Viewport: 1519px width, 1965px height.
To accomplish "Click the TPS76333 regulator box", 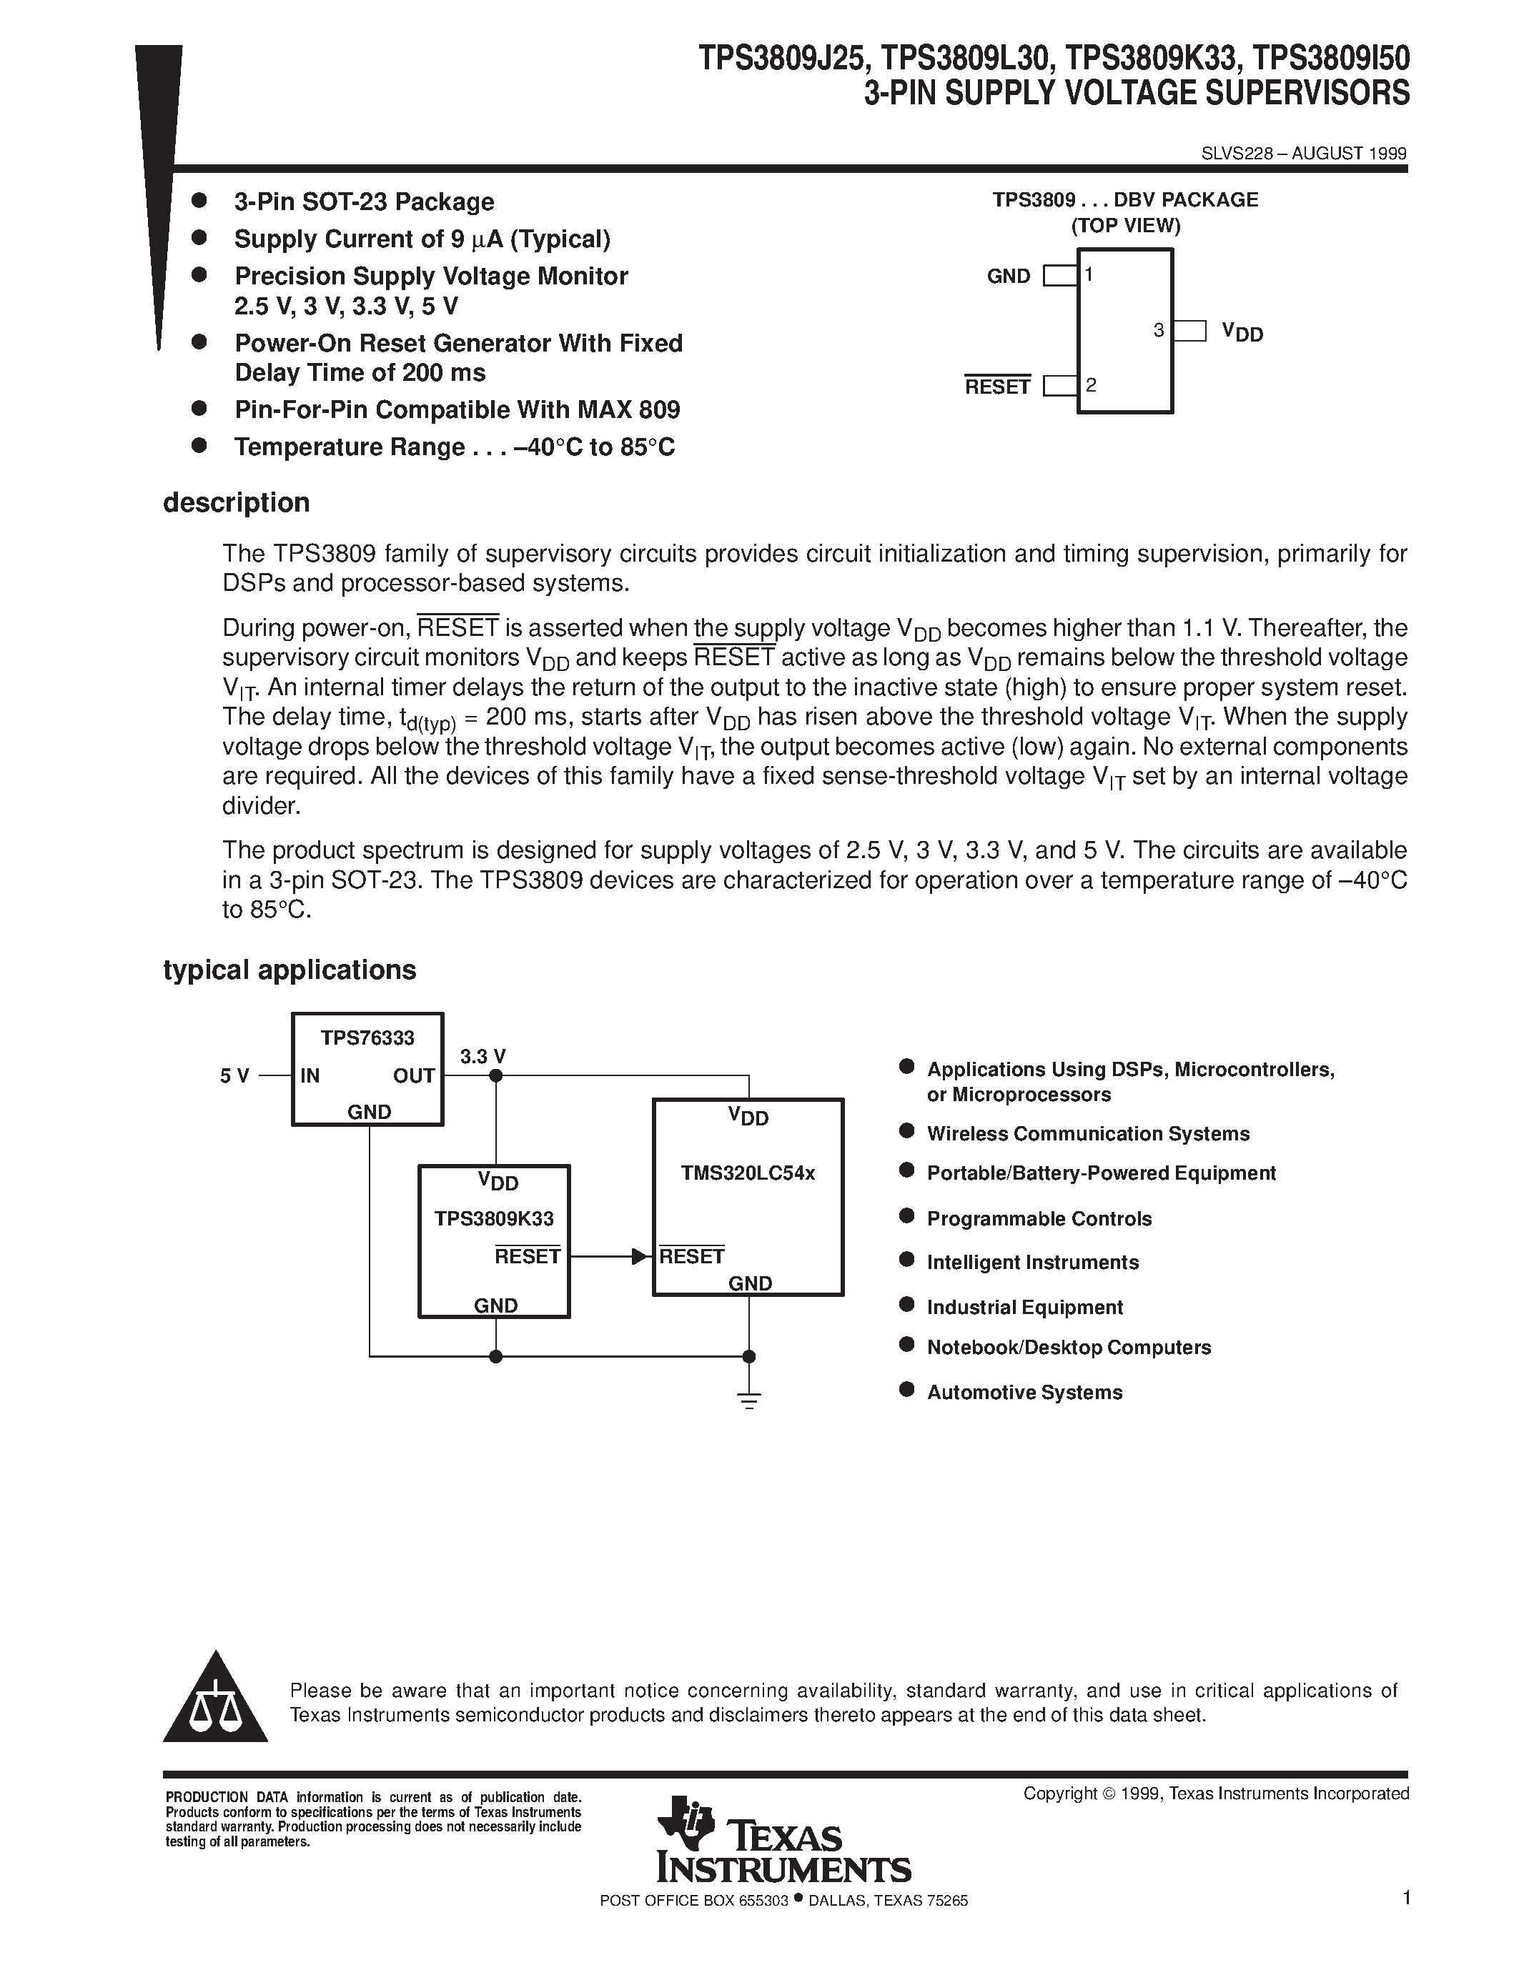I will [367, 1068].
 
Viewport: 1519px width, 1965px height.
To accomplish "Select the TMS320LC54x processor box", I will [748, 1197].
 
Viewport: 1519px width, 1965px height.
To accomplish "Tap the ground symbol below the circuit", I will [748, 1399].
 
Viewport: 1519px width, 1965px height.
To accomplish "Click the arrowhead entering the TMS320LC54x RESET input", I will [640, 1256].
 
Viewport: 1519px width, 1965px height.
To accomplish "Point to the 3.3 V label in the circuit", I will [483, 1056].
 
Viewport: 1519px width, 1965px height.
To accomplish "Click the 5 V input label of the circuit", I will [235, 1076].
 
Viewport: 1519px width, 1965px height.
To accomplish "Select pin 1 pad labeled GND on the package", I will [1060, 275].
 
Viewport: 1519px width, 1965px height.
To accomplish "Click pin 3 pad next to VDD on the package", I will [1189, 331].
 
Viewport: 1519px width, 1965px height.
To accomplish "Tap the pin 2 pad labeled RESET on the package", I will [1060, 386].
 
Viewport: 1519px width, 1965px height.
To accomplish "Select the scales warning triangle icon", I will [215, 1701].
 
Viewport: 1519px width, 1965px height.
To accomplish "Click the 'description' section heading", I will [237, 503].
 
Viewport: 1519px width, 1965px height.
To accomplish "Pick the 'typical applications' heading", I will [289, 970].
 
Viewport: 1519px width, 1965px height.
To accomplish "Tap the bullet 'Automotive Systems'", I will [1024, 1393].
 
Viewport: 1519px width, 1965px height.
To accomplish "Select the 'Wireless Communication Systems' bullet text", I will [1087, 1134].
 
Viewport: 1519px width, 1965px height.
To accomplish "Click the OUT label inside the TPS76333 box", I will [414, 1076].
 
